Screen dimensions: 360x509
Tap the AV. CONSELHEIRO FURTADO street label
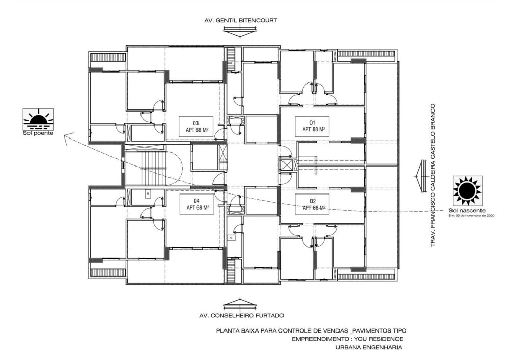click(x=241, y=315)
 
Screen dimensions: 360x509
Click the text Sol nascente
click(x=467, y=210)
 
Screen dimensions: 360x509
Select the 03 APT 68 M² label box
click(x=195, y=126)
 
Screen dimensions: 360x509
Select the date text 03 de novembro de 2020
click(x=472, y=216)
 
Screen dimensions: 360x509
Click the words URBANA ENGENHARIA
click(x=369, y=348)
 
